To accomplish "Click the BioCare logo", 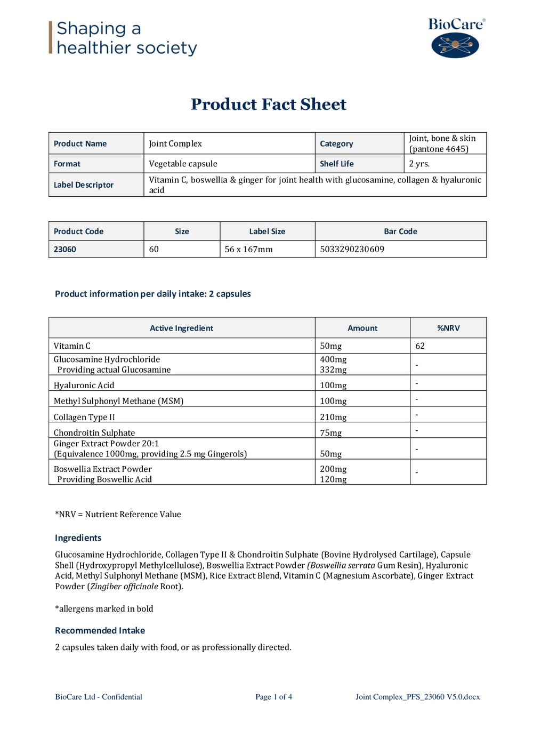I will click(456, 38).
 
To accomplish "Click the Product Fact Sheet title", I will click(268, 104).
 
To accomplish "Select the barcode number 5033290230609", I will click(352, 249).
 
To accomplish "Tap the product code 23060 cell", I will click(65, 249).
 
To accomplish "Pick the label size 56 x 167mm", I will click(248, 249).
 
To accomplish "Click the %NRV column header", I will click(448, 328).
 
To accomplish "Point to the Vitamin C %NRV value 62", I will click(420, 346).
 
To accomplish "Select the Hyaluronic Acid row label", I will click(84, 385).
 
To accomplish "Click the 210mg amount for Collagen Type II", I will click(333, 417).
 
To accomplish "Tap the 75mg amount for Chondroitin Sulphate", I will click(330, 432).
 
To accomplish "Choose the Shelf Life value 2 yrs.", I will click(419, 164).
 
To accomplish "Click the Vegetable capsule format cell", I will click(183, 164).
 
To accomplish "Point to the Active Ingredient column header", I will click(181, 328).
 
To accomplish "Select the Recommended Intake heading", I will click(100, 630).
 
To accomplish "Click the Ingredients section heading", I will click(78, 538).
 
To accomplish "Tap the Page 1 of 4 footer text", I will click(273, 696).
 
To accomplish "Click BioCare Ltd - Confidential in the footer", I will click(99, 696).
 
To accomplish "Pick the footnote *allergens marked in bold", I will click(104, 608).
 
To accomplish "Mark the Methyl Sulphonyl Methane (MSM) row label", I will click(118, 401).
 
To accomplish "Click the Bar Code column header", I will click(400, 231).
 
